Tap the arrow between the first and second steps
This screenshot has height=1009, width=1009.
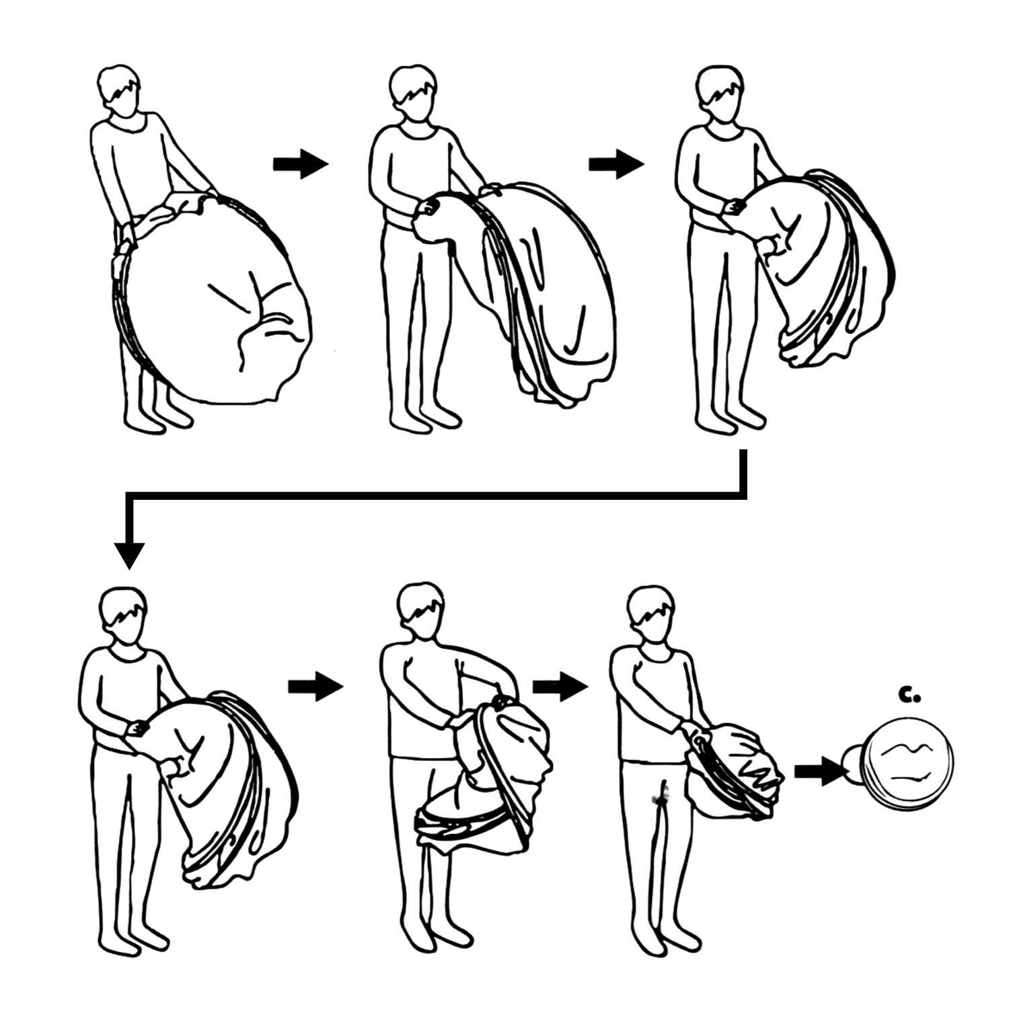point(300,163)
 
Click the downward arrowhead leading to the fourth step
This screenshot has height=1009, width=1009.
point(129,555)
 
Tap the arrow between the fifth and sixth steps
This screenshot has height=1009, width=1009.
point(560,687)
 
